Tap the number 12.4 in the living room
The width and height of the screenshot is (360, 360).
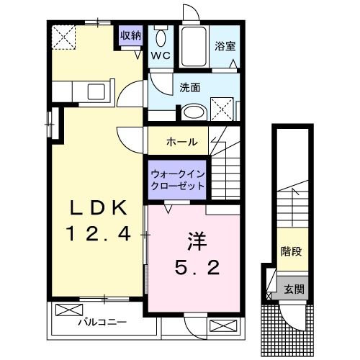[x=99, y=233]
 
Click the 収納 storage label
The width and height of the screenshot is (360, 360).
[x=131, y=34]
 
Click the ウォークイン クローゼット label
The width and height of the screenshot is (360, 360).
[x=178, y=179]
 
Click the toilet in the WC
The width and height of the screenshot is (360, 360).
[x=160, y=37]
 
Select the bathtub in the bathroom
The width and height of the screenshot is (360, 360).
[x=192, y=48]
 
